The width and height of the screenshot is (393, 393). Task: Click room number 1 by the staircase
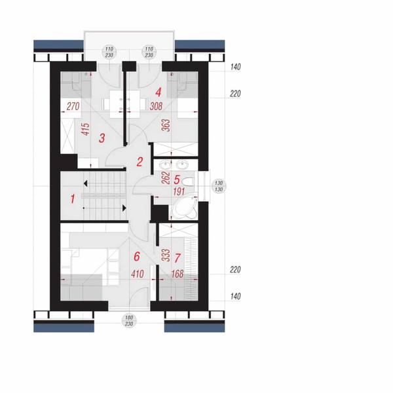(73, 199)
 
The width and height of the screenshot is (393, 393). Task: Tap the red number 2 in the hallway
(140, 162)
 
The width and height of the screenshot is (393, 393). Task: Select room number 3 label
(102, 138)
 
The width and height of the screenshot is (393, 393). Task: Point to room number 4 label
(158, 92)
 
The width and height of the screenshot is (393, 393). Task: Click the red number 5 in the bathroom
(177, 179)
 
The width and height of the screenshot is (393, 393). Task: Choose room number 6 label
(137, 256)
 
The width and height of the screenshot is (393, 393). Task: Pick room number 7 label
(178, 258)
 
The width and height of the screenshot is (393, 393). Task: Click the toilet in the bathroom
(188, 181)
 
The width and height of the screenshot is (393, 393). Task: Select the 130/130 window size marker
(219, 186)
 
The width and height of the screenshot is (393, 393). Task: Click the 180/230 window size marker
(129, 321)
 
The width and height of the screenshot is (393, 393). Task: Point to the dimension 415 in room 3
(86, 129)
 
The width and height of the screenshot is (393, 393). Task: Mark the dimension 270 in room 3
(73, 107)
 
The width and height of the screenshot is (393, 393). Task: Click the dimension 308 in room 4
(156, 106)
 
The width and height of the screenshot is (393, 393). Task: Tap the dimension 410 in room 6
(138, 274)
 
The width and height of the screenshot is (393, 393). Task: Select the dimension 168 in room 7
(178, 274)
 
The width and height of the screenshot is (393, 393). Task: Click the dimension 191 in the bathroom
(179, 192)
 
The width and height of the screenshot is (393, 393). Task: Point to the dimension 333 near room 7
(166, 255)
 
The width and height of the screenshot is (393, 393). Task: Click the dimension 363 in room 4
(166, 126)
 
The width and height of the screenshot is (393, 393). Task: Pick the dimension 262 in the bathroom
(166, 178)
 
